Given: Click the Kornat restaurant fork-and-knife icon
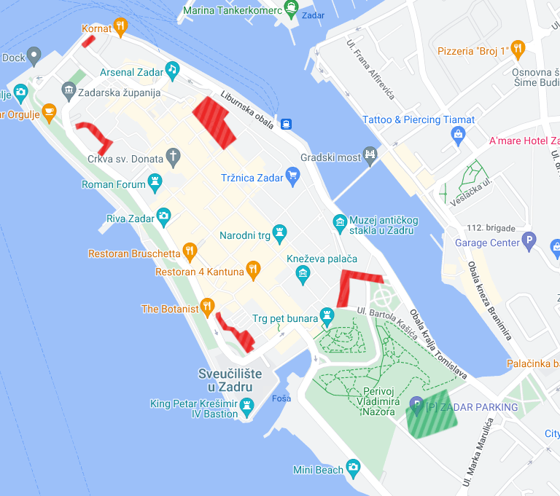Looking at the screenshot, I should click(x=120, y=28).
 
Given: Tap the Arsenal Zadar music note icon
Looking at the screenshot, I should click(x=172, y=69).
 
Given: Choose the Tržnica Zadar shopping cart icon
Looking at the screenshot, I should click(x=292, y=175).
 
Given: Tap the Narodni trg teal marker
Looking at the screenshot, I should click(x=280, y=232).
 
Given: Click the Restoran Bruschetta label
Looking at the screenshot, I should click(x=134, y=254).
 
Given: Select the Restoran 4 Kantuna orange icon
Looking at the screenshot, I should click(x=253, y=269).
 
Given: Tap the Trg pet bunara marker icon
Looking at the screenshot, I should click(x=325, y=316).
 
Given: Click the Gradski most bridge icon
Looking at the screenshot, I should click(x=371, y=154).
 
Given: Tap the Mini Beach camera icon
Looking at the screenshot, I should click(x=353, y=467).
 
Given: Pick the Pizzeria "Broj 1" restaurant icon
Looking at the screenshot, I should click(x=518, y=49).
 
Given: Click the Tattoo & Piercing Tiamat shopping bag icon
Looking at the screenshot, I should click(x=458, y=134).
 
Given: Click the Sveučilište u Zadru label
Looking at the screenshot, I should click(x=230, y=379).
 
